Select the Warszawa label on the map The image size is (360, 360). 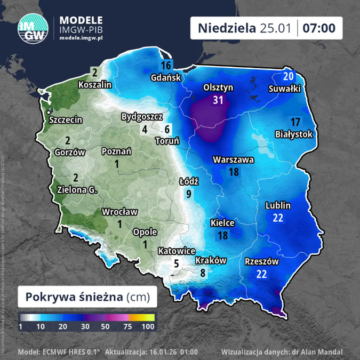(233, 159)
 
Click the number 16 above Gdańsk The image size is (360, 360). (165, 66)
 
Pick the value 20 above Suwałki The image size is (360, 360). (289, 76)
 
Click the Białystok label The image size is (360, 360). (294, 134)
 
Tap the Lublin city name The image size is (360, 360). (278, 205)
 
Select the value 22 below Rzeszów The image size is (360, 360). (261, 274)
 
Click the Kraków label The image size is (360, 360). (211, 261)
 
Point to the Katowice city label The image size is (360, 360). (177, 251)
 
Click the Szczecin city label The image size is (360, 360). (66, 120)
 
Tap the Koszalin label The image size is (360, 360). (95, 84)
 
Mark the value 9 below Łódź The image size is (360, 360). (189, 194)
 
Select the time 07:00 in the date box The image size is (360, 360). (319, 28)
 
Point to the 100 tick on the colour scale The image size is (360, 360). (148, 326)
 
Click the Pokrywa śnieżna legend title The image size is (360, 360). (89, 296)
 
